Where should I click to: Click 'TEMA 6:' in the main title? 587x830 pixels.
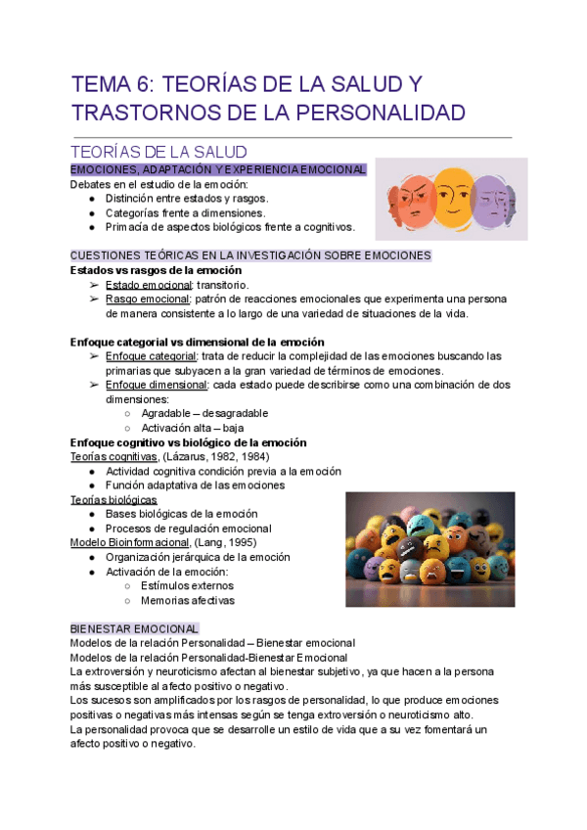click(x=108, y=84)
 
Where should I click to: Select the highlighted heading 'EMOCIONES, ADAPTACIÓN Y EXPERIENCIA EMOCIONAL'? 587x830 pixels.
click(x=218, y=170)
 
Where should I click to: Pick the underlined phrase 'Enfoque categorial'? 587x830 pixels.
click(x=151, y=356)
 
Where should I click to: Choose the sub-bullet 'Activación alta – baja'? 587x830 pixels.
click(x=192, y=428)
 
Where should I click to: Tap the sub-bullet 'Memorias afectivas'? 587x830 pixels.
click(x=188, y=600)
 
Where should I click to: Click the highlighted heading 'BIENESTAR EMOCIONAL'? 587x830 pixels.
click(x=134, y=628)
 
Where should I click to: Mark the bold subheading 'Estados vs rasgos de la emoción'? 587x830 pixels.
click(x=156, y=270)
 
